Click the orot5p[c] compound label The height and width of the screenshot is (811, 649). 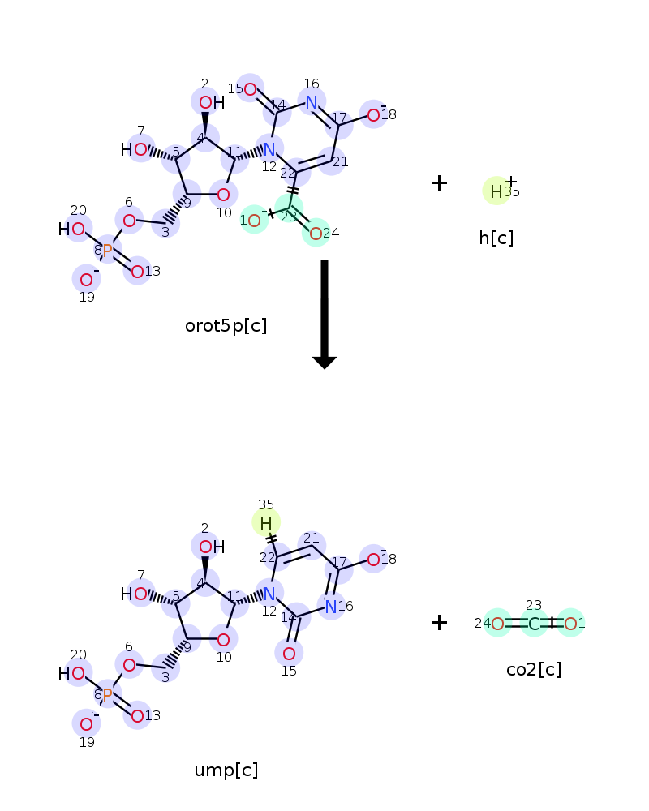pyautogui.click(x=226, y=326)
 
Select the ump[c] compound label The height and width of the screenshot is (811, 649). pyautogui.click(x=226, y=770)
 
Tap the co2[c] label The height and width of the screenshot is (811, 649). pyautogui.click(x=534, y=669)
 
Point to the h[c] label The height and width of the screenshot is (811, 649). pyautogui.click(x=496, y=238)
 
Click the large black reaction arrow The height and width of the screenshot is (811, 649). pyautogui.click(x=324, y=315)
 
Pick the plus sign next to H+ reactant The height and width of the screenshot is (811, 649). pyautogui.click(x=439, y=182)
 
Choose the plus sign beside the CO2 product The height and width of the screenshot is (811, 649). pyautogui.click(x=439, y=622)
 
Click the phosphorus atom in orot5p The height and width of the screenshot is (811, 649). pyautogui.click(x=108, y=251)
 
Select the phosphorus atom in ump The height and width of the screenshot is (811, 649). pyautogui.click(x=108, y=695)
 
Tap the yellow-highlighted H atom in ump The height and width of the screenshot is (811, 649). pyautogui.click(x=266, y=523)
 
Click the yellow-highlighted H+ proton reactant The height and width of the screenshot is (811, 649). pyautogui.click(x=496, y=191)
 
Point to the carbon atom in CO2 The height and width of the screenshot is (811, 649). pyautogui.click(x=534, y=624)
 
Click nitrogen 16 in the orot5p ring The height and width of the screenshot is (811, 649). pyautogui.click(x=312, y=102)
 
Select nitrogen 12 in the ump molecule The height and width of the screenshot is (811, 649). pyautogui.click(x=269, y=594)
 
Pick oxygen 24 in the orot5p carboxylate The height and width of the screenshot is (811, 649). pyautogui.click(x=316, y=234)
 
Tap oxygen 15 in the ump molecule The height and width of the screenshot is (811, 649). pyautogui.click(x=290, y=654)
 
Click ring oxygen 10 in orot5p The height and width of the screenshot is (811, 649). pyautogui.click(x=224, y=195)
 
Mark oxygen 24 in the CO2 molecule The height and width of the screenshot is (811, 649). pyautogui.click(x=497, y=624)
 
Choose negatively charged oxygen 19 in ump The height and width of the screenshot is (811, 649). pyautogui.click(x=87, y=724)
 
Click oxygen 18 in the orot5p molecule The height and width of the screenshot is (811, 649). pyautogui.click(x=374, y=115)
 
